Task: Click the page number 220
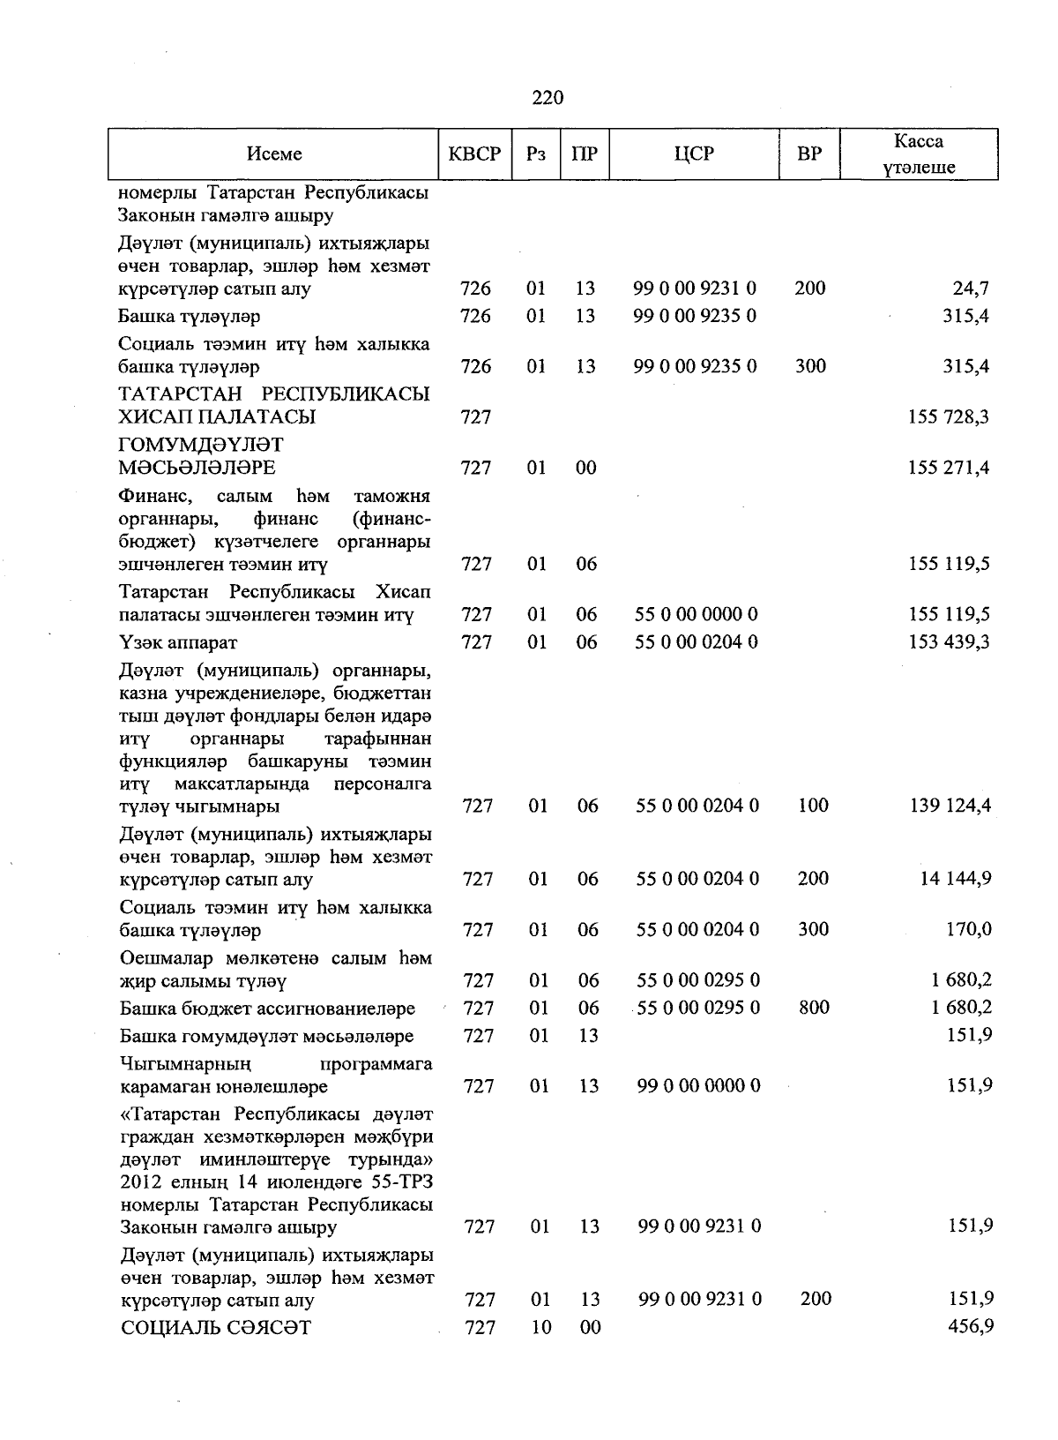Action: (548, 98)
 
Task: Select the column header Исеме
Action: (274, 154)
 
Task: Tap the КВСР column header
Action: (474, 154)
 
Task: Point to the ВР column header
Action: (808, 154)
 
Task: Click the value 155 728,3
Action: (949, 417)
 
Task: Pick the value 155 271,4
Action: (949, 469)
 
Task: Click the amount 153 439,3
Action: (949, 642)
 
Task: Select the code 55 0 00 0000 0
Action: (697, 615)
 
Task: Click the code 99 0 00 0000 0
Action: (698, 1086)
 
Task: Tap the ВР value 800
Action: (814, 1008)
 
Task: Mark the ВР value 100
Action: (812, 806)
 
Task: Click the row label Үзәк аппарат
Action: (178, 642)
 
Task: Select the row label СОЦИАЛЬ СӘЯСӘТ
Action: (216, 1328)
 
